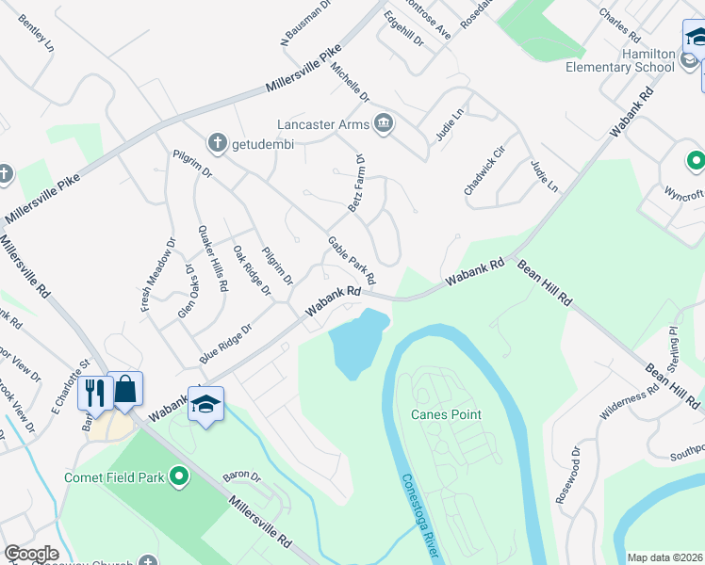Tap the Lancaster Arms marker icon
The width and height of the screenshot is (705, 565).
(x=384, y=122)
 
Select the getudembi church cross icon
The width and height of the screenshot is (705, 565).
(x=217, y=143)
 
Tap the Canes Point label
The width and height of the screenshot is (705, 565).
(x=446, y=414)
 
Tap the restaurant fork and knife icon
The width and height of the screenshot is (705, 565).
(x=94, y=393)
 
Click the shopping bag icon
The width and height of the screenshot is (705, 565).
(x=125, y=390)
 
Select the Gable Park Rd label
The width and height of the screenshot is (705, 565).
(x=352, y=262)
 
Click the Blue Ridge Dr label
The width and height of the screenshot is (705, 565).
(x=226, y=345)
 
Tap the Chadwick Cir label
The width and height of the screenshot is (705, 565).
(x=484, y=169)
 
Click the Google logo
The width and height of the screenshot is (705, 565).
(x=31, y=554)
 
